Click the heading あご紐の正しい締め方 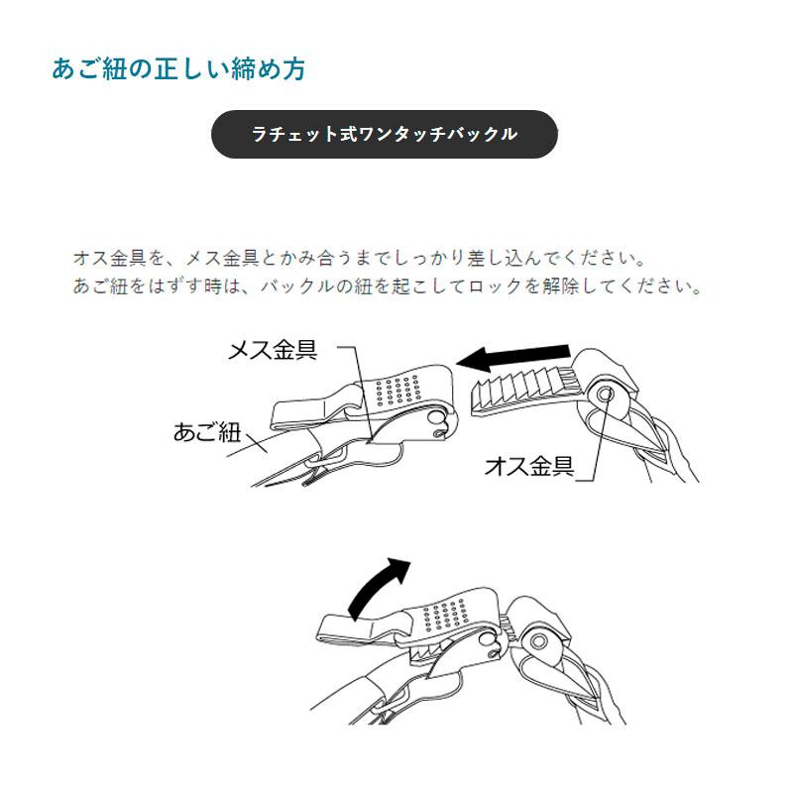(178, 69)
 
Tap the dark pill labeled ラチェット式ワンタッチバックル (385, 134)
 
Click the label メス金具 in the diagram (273, 350)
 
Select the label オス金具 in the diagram (528, 467)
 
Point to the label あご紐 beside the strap (206, 432)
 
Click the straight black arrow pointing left (514, 358)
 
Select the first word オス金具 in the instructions (110, 259)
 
